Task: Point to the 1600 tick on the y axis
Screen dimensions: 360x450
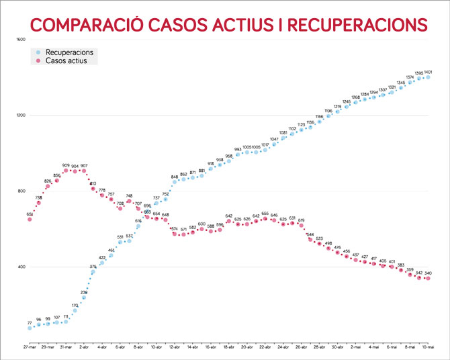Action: pyautogui.click(x=20, y=40)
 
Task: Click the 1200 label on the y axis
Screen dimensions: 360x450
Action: pyautogui.click(x=20, y=116)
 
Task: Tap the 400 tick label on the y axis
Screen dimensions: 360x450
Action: pyautogui.click(x=20, y=267)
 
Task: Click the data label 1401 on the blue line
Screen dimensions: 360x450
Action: pyautogui.click(x=428, y=72)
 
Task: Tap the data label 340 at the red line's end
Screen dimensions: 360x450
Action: pyautogui.click(x=428, y=273)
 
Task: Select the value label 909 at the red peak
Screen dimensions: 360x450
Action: pyautogui.click(x=66, y=165)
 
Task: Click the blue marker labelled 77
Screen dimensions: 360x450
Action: pyautogui.click(x=30, y=328)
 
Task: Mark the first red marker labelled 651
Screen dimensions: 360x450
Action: pyautogui.click(x=30, y=219)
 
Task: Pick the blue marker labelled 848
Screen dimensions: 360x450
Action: pyautogui.click(x=175, y=182)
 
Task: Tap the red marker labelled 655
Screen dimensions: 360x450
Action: pyautogui.click(x=265, y=218)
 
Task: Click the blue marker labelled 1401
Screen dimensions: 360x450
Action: pyautogui.click(x=428, y=77)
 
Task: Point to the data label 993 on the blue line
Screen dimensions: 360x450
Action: pyautogui.click(x=238, y=149)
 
